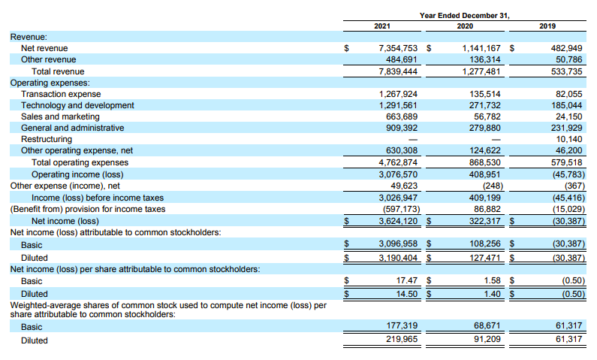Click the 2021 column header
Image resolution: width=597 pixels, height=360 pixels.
382,26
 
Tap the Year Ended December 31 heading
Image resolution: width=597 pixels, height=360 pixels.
465,15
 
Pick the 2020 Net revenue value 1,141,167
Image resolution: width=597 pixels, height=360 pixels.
481,48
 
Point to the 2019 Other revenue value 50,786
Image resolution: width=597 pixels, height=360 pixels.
568,59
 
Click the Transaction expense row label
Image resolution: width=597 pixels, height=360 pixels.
61,94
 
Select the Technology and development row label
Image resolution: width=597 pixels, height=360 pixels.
78,105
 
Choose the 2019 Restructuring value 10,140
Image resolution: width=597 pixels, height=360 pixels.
568,139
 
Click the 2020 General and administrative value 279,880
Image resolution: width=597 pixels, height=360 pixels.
483,128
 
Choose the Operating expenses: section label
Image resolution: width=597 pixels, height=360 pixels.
50,83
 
